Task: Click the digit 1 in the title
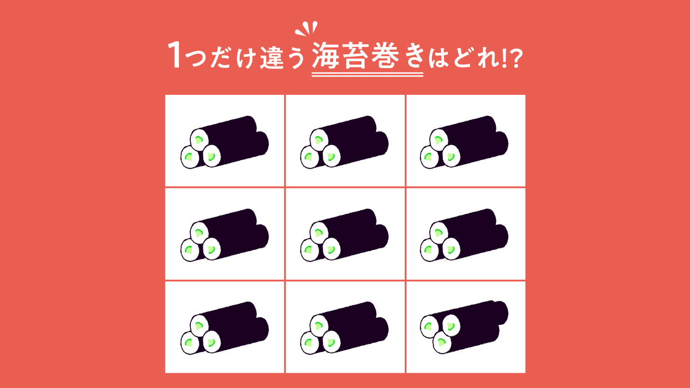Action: [x=175, y=56]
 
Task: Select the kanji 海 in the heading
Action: [x=326, y=57]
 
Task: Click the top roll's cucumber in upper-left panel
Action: [x=199, y=140]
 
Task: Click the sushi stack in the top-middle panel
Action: [x=344, y=141]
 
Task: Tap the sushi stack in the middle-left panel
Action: [x=224, y=234]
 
